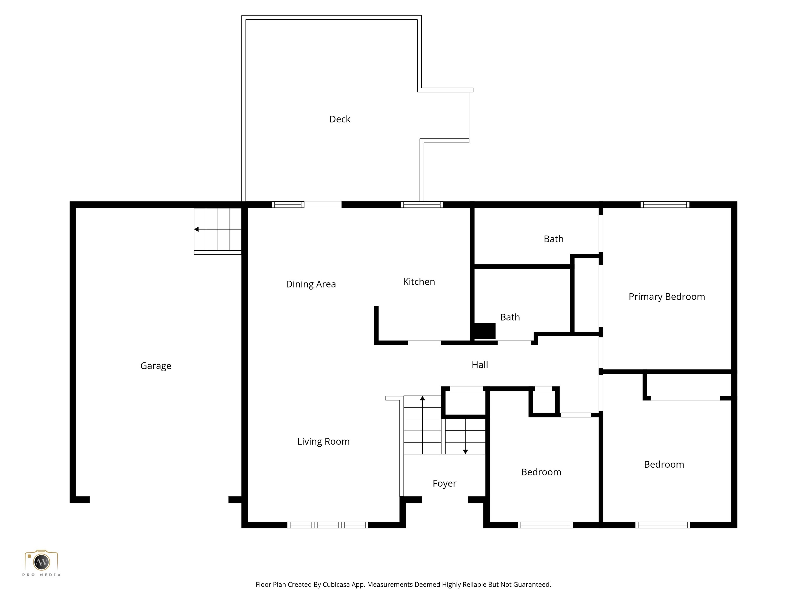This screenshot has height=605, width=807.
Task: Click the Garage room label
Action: [x=156, y=366]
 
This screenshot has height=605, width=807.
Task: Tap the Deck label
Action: [x=340, y=119]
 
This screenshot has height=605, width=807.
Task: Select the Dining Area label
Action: [x=311, y=284]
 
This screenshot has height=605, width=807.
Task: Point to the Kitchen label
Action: [x=419, y=281]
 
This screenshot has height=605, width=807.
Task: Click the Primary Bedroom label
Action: [x=666, y=296]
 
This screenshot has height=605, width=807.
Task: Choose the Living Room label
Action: [x=323, y=441]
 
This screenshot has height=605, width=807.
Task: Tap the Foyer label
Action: [x=444, y=483]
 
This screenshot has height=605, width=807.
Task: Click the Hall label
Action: [x=480, y=365]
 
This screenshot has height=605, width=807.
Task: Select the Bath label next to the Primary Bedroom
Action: [x=553, y=239]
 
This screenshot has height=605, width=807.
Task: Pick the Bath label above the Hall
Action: [x=510, y=317]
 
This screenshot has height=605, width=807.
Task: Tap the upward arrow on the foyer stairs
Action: [x=422, y=399]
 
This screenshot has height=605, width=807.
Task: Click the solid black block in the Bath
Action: [x=484, y=331]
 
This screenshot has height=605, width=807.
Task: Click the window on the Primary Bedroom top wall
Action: [x=665, y=205]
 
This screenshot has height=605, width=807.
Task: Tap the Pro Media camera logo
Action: [x=41, y=562]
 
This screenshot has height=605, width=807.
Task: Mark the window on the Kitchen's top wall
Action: [x=422, y=205]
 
